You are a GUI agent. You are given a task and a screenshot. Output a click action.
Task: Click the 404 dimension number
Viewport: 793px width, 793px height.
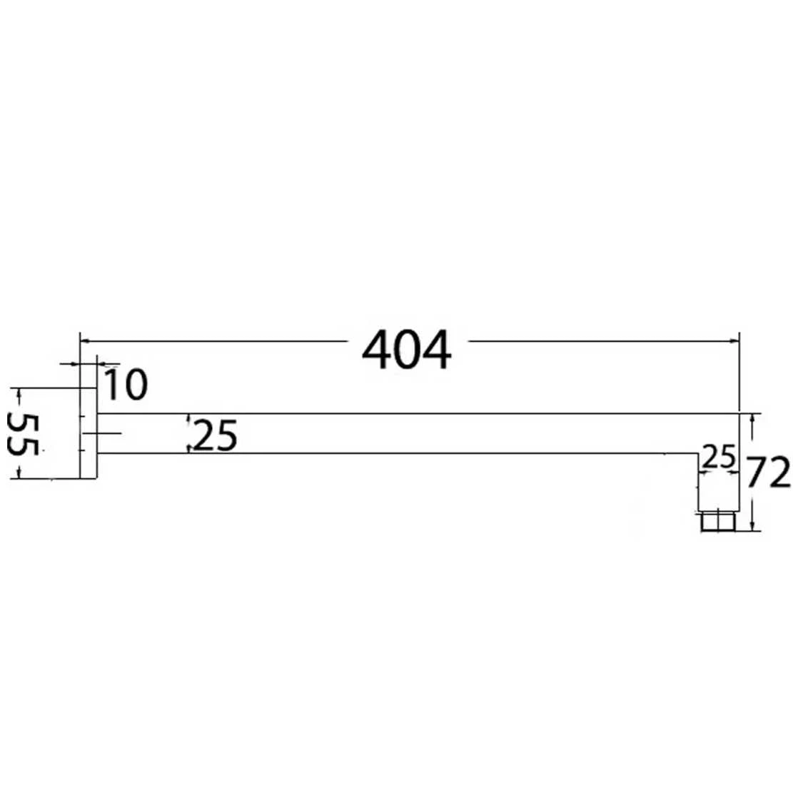tap(406, 350)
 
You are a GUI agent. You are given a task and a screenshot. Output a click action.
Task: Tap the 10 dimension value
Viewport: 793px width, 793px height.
tap(126, 384)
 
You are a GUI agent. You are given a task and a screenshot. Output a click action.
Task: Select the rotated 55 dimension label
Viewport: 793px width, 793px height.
tap(23, 434)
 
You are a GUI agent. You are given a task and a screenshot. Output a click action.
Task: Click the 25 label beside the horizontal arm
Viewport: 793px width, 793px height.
tap(215, 435)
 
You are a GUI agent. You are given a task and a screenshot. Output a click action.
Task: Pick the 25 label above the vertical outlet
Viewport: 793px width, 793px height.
tap(719, 457)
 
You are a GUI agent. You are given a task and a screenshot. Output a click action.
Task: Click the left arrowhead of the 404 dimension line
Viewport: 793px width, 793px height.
tap(85, 341)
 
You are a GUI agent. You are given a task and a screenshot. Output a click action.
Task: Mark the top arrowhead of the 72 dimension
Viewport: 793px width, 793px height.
tap(753, 418)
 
